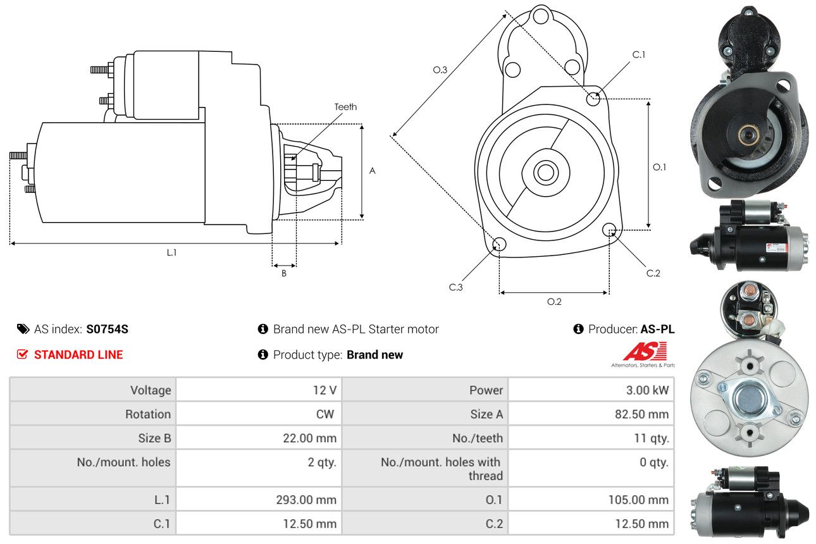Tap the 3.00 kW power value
click(x=647, y=390)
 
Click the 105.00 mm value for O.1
click(x=639, y=500)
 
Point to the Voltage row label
click(x=151, y=390)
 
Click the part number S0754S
click(x=108, y=329)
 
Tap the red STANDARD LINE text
click(x=78, y=355)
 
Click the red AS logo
click(x=645, y=352)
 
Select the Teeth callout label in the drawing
click(x=345, y=107)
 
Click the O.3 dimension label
click(x=440, y=70)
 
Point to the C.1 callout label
click(x=639, y=54)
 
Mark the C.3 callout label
click(x=456, y=287)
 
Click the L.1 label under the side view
click(x=171, y=252)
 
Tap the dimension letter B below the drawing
click(x=284, y=273)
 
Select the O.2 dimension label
click(x=554, y=302)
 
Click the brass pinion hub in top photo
click(x=748, y=133)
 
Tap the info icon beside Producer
click(x=578, y=329)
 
